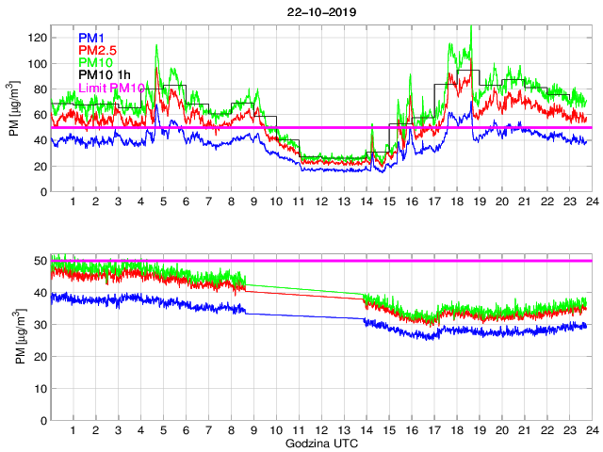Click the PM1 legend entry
(91, 38)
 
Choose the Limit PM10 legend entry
(111, 87)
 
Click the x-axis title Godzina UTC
(320, 443)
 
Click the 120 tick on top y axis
(38, 38)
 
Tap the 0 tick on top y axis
(43, 192)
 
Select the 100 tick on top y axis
(38, 64)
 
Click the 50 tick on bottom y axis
(41, 260)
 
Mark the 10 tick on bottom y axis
(41, 390)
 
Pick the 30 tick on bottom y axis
(41, 325)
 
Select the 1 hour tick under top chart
(73, 202)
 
